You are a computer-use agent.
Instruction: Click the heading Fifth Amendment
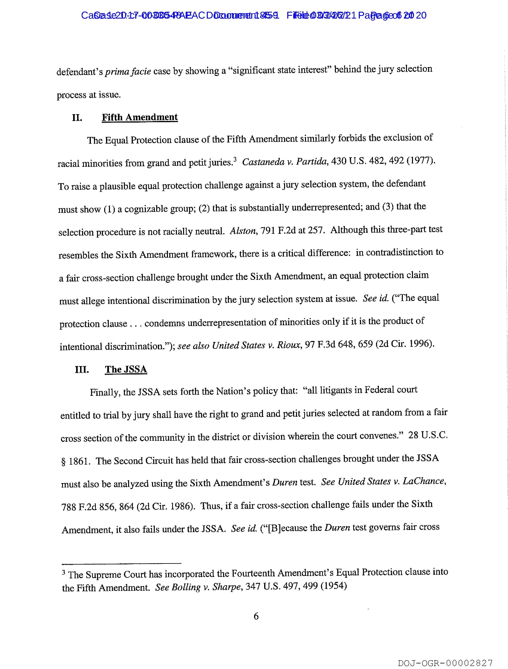click(140, 117)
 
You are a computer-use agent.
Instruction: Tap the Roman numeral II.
click(77, 118)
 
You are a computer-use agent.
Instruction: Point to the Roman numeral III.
click(82, 370)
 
